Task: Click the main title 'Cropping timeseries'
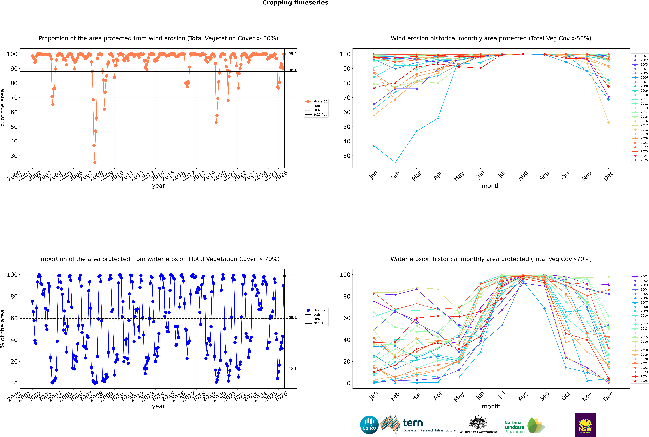click(295, 3)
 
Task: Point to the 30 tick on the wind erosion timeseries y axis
click(14, 156)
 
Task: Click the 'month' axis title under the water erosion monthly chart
click(491, 406)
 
